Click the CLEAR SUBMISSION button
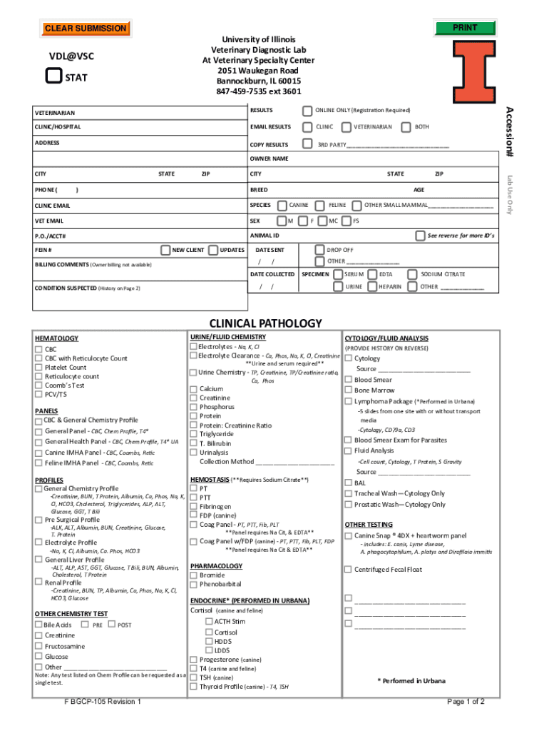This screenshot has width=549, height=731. point(86,29)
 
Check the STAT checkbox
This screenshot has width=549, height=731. point(53,76)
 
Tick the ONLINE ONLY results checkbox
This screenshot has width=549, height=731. point(307,111)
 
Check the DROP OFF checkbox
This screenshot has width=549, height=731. point(319,251)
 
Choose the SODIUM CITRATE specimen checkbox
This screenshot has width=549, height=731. point(413,274)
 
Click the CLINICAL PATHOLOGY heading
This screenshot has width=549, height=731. point(265,323)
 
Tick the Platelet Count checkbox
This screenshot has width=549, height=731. point(39,368)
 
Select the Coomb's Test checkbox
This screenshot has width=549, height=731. point(39,385)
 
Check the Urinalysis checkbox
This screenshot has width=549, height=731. point(193,453)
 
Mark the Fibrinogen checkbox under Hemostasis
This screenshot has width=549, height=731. point(193,506)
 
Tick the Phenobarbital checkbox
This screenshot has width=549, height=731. point(193,584)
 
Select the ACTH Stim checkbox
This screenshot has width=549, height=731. point(208,621)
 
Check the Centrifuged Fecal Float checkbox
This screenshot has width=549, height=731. point(348,569)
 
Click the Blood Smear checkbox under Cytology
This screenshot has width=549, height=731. point(348,380)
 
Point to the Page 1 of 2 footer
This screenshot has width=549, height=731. point(465,701)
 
